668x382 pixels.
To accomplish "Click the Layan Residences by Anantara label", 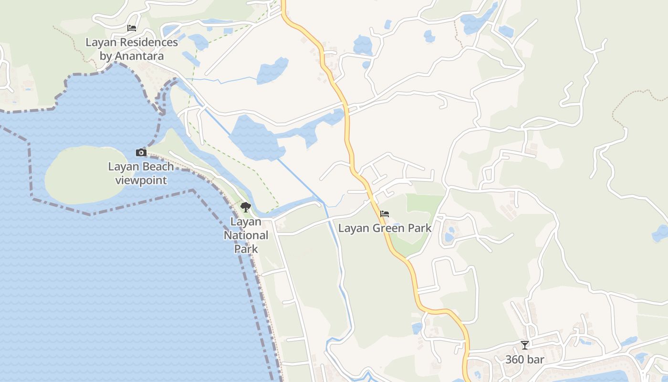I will tap(132, 49).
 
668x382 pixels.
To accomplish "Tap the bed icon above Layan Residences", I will tap(132, 28).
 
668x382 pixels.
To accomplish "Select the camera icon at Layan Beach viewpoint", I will tap(141, 153).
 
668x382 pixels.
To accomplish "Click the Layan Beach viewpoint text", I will tap(141, 173).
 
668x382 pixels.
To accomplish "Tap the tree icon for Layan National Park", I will tap(246, 207).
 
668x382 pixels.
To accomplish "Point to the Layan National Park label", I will tap(246, 235).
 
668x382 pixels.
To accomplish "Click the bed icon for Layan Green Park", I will tap(385, 213).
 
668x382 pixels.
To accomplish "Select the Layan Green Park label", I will tap(385, 228).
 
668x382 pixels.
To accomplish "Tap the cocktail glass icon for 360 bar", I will tap(525, 345).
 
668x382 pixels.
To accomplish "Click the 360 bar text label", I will tap(525, 360).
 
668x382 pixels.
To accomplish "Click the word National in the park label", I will tap(246, 235).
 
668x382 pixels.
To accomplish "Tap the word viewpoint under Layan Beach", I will tap(141, 180).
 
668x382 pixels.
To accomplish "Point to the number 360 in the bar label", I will tap(515, 360).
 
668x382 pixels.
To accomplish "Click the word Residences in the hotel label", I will tap(149, 42).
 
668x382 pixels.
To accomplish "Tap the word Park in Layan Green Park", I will tap(419, 228).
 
